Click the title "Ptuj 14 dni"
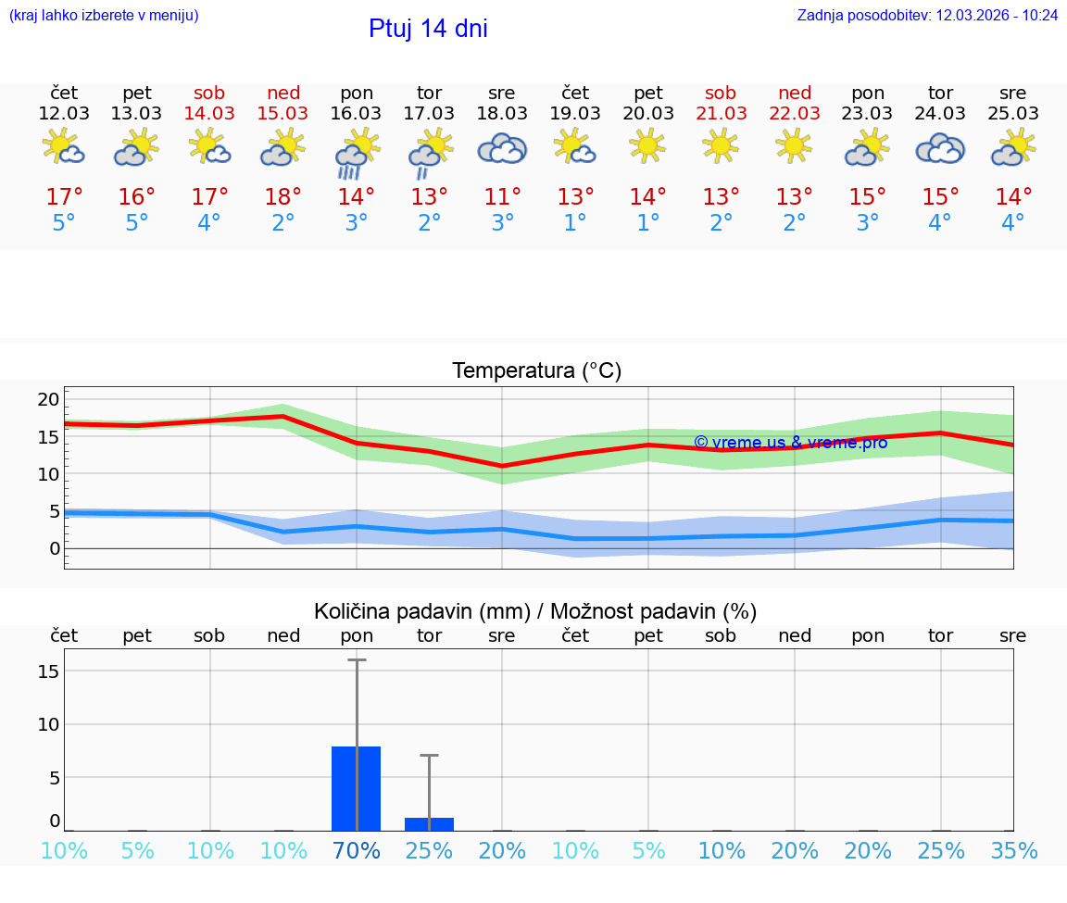point(428,29)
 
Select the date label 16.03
point(356,113)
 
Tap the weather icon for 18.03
point(502,148)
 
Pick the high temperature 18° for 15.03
point(282,196)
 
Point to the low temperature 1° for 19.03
point(575,222)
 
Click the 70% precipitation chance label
point(356,850)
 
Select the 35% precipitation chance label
point(1013,850)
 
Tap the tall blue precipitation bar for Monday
point(356,788)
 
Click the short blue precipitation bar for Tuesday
point(429,824)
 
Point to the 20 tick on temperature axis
point(48,399)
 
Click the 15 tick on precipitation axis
point(48,671)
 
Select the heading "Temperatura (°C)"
point(536,371)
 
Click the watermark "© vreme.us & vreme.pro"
point(790,443)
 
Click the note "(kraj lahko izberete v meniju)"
point(104,16)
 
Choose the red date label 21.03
point(721,113)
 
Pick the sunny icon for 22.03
point(794,145)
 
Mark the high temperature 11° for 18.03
point(502,196)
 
